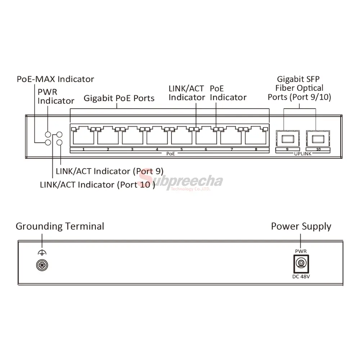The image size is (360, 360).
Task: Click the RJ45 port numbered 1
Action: pos(84,135)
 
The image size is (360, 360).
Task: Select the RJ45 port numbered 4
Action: pos(157,135)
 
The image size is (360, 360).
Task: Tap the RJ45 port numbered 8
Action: pos(256,135)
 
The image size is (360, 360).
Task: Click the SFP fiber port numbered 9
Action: pos(287,139)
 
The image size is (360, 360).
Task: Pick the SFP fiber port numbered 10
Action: pos(318,139)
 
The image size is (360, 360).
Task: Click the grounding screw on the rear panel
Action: pos(42,266)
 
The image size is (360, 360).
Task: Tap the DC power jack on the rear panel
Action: pos(301,264)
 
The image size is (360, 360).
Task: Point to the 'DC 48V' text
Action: pos(301,276)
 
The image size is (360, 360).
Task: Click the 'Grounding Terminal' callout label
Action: pos(60,226)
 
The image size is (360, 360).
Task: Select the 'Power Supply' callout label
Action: pos(301,226)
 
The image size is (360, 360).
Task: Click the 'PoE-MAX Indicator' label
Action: pos(55,79)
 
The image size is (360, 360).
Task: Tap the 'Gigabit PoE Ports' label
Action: pos(119,98)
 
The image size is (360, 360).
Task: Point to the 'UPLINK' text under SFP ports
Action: pos(303,154)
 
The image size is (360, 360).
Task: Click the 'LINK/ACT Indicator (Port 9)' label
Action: pos(109,171)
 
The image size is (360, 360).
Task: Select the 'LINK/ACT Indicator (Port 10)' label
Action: pos(98,185)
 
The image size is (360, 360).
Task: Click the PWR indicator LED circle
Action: pos(48,134)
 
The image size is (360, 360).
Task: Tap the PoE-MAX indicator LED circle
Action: pos(48,143)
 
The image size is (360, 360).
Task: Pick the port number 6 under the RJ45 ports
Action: pos(206,149)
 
